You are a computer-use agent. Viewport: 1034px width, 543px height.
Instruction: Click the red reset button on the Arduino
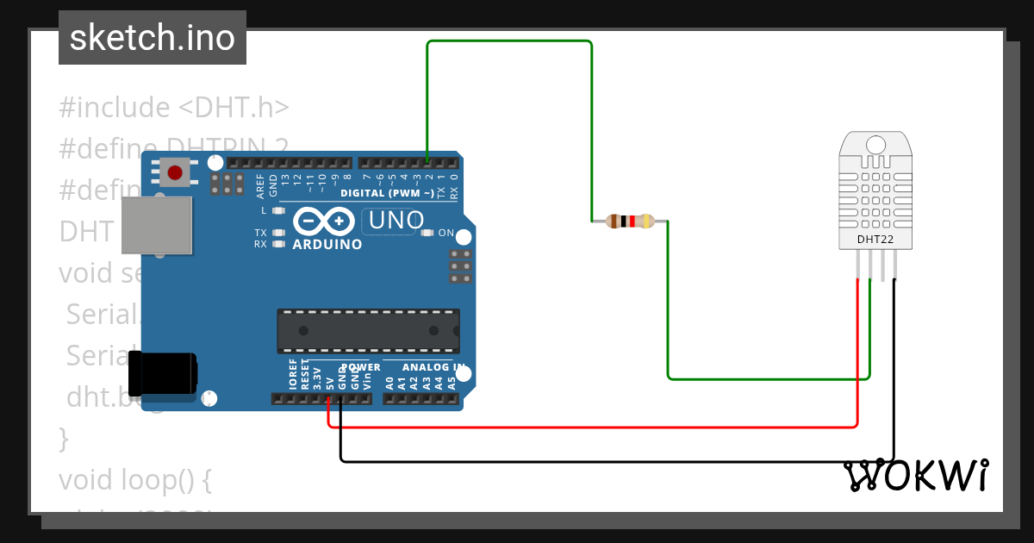click(x=177, y=172)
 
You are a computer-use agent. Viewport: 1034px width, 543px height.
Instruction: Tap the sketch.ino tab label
click(x=153, y=38)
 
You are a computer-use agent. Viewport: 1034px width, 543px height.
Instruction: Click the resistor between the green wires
click(x=630, y=222)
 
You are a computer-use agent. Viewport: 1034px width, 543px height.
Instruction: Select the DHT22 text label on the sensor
click(x=874, y=239)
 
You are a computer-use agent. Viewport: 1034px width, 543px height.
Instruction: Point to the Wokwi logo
click(x=916, y=475)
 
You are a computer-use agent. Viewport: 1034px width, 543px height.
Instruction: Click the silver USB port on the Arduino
click(x=156, y=225)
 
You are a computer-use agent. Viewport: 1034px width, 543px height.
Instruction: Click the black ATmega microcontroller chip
click(x=368, y=331)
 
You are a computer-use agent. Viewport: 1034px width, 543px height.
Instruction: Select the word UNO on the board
click(x=396, y=221)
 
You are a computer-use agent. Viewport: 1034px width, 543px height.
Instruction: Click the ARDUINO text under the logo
click(x=327, y=244)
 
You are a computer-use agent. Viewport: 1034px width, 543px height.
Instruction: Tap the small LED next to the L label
click(x=278, y=210)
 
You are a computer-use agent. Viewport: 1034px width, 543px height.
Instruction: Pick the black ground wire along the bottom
click(x=603, y=461)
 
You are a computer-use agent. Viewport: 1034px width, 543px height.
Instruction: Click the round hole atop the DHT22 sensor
click(x=876, y=143)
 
